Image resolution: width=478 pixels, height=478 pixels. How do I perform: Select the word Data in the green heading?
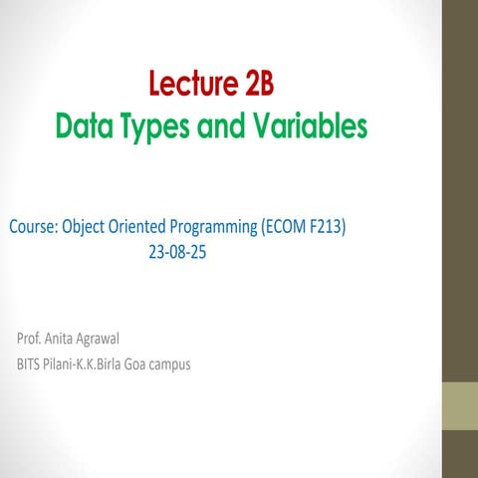click(x=84, y=126)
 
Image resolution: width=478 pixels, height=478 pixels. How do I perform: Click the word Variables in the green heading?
click(x=309, y=126)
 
